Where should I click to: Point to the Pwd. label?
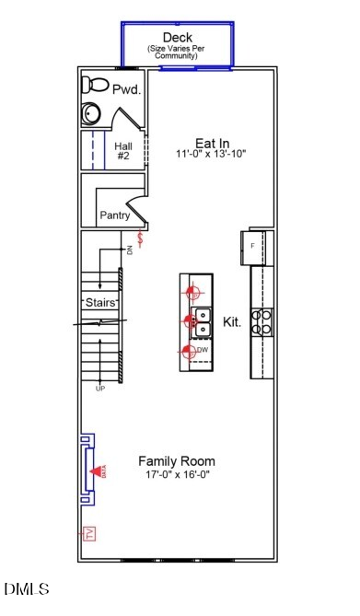click(x=125, y=90)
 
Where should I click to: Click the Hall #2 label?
click(x=123, y=151)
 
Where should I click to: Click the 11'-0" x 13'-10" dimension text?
click(x=211, y=155)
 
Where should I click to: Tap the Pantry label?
click(x=114, y=215)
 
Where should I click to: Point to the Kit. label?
click(x=232, y=322)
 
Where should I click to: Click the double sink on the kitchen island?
click(x=202, y=321)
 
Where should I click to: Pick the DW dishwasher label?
click(x=202, y=350)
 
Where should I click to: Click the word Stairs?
click(x=99, y=301)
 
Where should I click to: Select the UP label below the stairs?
click(x=99, y=389)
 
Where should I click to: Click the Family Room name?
click(x=176, y=460)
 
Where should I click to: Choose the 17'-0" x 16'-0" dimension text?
click(x=176, y=474)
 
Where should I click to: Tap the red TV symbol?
click(x=89, y=534)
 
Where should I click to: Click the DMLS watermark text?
click(x=27, y=588)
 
